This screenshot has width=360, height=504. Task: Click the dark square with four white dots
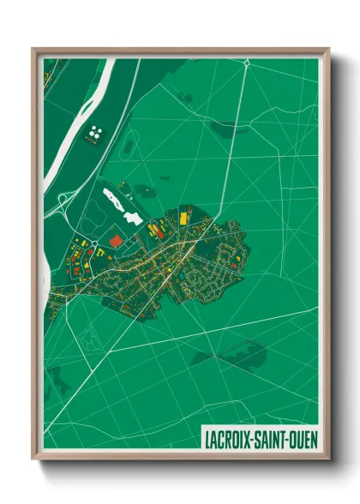click(95, 132)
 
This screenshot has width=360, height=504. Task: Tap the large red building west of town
click(116, 242)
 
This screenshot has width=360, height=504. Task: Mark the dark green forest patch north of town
click(226, 129)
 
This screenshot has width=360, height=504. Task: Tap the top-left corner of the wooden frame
click(34, 50)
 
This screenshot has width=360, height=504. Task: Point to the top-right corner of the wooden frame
click(327, 50)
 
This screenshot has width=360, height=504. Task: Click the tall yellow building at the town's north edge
click(156, 228)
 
